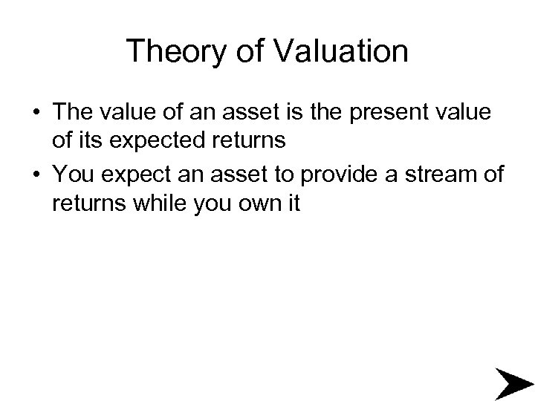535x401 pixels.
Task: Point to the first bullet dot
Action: [36, 112]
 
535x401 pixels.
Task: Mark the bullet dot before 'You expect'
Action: [36, 175]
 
